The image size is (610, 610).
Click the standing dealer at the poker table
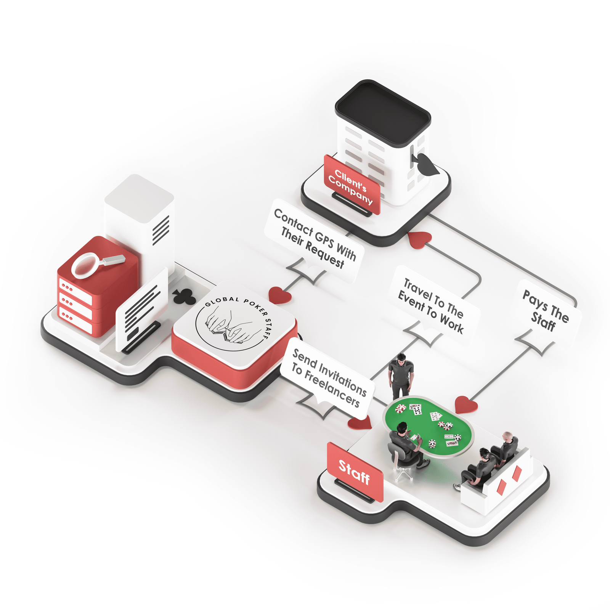(x=400, y=376)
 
